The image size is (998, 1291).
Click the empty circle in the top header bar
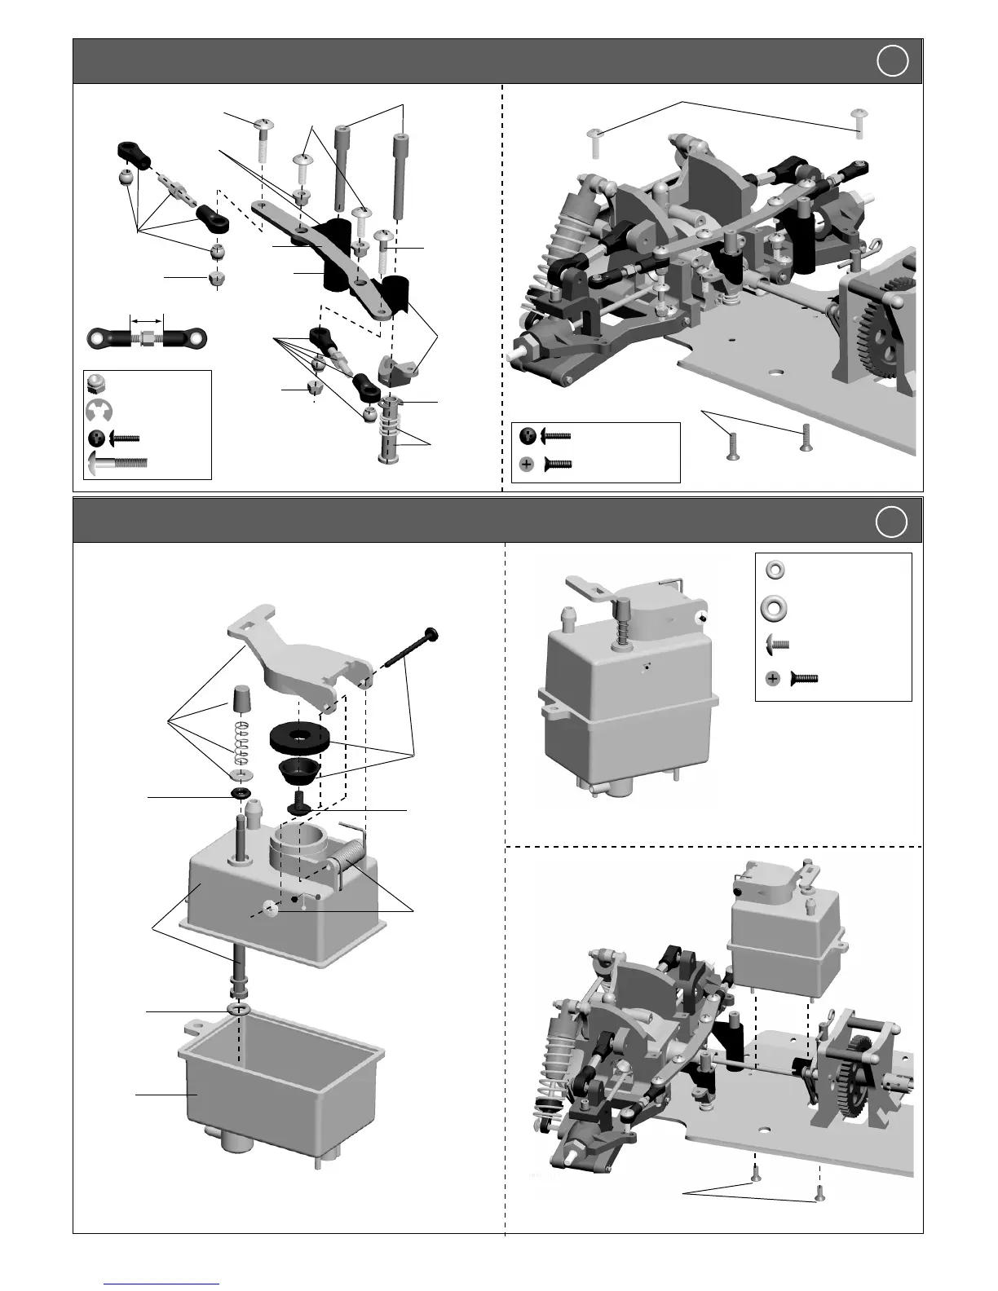pyautogui.click(x=893, y=61)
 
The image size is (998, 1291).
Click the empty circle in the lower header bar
pyautogui.click(x=893, y=522)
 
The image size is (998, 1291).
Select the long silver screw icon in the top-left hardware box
pyautogui.click(x=117, y=463)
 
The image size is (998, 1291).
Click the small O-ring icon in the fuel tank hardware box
pyautogui.click(x=775, y=569)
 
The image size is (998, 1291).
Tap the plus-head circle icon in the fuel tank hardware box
pyautogui.click(x=773, y=677)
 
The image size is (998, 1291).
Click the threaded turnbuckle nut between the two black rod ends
pyautogui.click(x=149, y=336)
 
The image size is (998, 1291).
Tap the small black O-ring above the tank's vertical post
pyautogui.click(x=241, y=795)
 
